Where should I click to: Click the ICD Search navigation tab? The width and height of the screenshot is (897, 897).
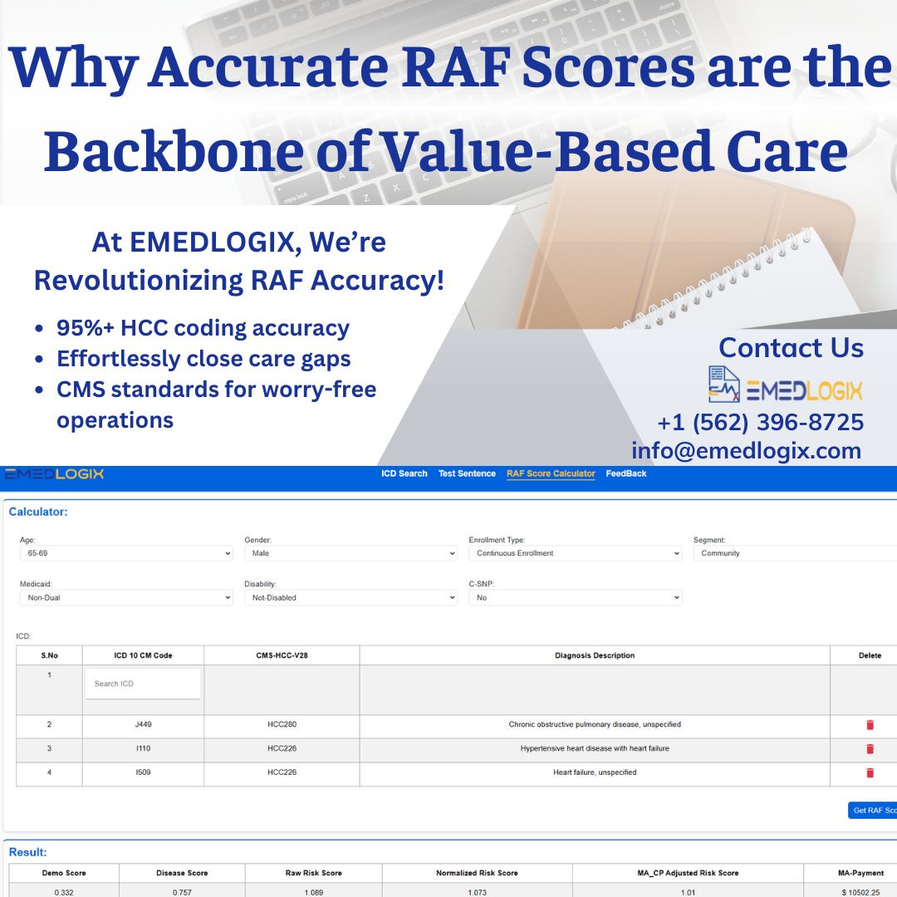tap(404, 473)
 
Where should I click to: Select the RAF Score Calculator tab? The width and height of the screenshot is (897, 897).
tap(551, 473)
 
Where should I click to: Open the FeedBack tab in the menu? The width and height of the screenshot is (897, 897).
tap(625, 473)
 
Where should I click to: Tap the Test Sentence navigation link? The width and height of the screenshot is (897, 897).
tap(467, 473)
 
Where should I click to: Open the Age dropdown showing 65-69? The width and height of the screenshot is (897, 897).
tap(126, 553)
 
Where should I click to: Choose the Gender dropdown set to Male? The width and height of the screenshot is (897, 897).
tap(350, 553)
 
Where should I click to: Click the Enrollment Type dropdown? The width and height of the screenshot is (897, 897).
tap(575, 553)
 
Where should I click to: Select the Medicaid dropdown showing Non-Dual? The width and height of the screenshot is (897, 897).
tap(126, 597)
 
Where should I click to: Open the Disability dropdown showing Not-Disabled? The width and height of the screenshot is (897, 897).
tap(350, 597)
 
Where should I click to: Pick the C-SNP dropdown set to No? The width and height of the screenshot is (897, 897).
tap(575, 597)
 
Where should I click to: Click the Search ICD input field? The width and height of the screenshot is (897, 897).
tap(143, 684)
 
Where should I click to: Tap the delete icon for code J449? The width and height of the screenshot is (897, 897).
tap(870, 725)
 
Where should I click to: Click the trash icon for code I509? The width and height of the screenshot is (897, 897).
tap(870, 773)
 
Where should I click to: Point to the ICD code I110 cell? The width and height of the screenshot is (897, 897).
tap(143, 749)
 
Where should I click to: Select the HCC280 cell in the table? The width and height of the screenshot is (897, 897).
tap(282, 725)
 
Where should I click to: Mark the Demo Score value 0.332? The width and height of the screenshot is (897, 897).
tap(64, 892)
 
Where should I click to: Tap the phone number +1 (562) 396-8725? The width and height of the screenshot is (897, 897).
tap(760, 423)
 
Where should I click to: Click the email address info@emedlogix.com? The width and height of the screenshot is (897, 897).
tap(746, 451)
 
